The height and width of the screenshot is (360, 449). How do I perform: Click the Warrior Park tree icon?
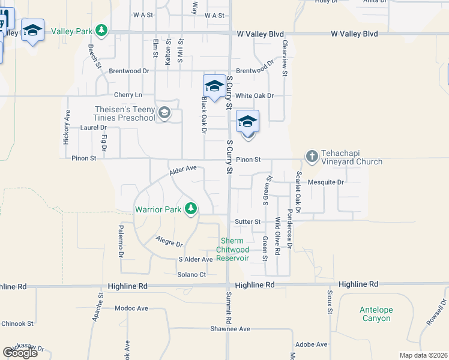(191, 209)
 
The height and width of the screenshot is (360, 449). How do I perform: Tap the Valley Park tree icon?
(103, 30)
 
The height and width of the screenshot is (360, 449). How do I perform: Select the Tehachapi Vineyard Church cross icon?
(312, 157)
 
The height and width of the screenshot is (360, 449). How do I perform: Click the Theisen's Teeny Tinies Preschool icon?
(163, 112)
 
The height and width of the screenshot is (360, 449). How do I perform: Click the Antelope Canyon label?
(376, 314)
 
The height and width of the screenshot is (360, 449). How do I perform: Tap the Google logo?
(20, 352)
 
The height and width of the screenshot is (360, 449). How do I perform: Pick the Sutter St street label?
(248, 221)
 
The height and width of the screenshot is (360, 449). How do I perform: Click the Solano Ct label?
(191, 274)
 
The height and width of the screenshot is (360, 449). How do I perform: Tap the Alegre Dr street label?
(169, 243)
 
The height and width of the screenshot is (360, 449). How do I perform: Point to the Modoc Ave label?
(131, 308)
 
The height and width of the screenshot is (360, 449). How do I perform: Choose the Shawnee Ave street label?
(230, 329)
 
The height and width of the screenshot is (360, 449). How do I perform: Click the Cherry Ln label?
(128, 95)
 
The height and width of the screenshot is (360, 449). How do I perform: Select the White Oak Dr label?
(255, 95)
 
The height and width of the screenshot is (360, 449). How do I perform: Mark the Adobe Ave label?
(312, 344)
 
